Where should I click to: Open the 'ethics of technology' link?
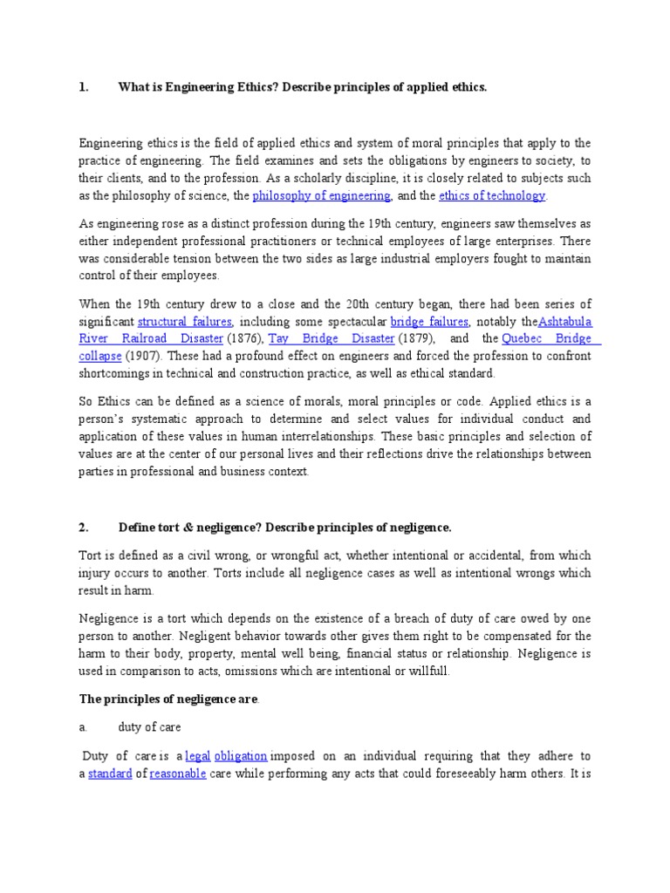(492, 195)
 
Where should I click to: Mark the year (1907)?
(146, 356)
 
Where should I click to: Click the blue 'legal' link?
(198, 756)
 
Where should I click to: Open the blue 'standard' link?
(110, 774)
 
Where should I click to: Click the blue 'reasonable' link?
(178, 774)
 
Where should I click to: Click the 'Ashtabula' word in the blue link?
(565, 321)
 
